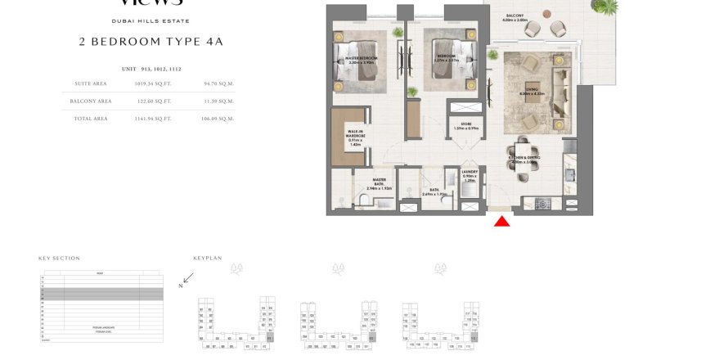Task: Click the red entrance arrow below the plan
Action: click(x=502, y=221)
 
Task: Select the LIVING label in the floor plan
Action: click(x=531, y=92)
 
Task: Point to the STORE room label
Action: click(x=465, y=126)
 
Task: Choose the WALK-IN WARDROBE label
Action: click(x=355, y=137)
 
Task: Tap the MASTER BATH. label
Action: click(x=380, y=184)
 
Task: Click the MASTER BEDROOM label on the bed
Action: click(x=361, y=60)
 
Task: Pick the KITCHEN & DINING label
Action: click(x=523, y=160)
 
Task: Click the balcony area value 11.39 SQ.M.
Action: click(x=218, y=101)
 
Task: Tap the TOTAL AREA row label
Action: click(x=91, y=119)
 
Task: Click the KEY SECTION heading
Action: click(x=60, y=258)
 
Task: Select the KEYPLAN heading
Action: click(x=208, y=258)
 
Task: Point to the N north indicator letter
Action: click(x=181, y=286)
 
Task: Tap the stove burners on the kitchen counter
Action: click(x=542, y=203)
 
